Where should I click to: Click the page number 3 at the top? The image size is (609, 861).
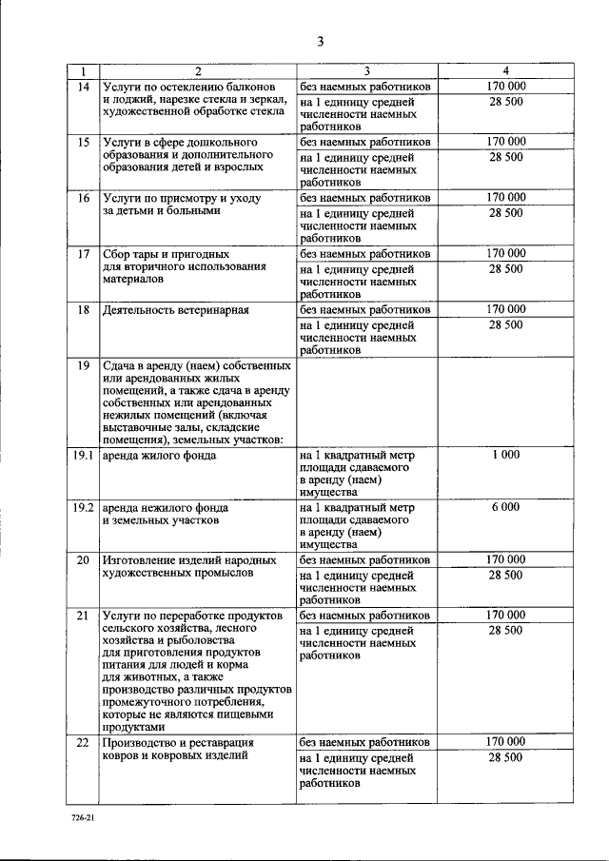[x=321, y=41]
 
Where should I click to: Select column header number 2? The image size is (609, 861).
[x=198, y=71]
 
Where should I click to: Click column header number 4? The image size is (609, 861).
[x=505, y=71]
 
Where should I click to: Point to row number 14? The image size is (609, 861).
[x=83, y=87]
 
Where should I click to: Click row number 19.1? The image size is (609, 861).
[x=83, y=455]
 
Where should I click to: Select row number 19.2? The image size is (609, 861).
[x=83, y=507]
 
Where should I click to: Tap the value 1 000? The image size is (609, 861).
[x=505, y=455]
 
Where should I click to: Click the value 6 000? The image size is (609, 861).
[x=505, y=507]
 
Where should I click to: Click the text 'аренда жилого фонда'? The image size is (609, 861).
[x=159, y=455]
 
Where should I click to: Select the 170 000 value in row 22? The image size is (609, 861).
[x=505, y=741]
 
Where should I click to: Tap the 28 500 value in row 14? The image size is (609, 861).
[x=505, y=101]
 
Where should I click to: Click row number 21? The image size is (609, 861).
[x=83, y=616]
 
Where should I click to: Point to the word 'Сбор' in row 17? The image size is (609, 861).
[x=118, y=254]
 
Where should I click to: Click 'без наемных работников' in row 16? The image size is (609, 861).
[x=365, y=198]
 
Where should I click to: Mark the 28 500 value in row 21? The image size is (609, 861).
[x=505, y=630]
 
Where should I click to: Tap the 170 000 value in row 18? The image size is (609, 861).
[x=505, y=310]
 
